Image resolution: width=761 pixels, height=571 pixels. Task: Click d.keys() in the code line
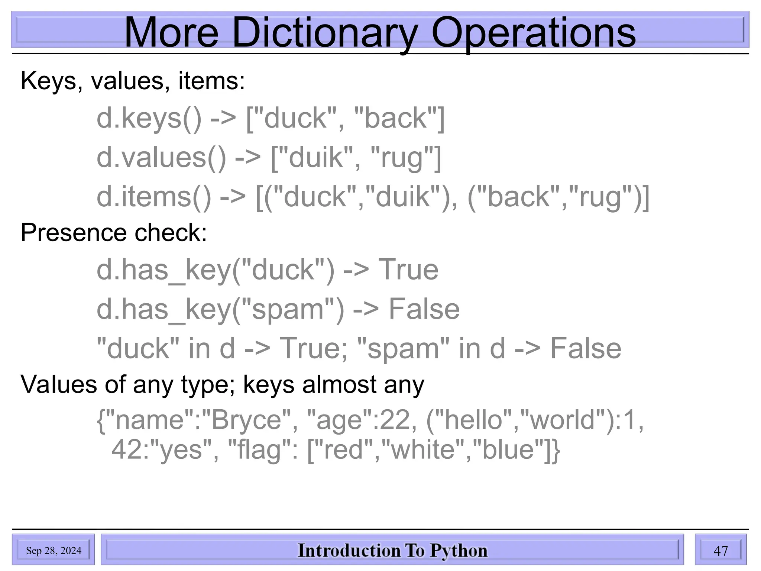[x=149, y=119]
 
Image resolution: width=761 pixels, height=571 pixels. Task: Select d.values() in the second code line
[x=161, y=158]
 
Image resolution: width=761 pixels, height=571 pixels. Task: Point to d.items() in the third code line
[x=154, y=197]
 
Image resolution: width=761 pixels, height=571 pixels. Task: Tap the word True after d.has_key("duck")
[x=408, y=270]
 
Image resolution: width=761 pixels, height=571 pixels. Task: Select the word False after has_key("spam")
[x=424, y=309]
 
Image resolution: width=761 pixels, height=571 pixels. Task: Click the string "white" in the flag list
[x=423, y=449]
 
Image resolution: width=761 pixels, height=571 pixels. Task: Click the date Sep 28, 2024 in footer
[x=54, y=551]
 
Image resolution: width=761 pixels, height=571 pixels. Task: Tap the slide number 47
[x=720, y=551]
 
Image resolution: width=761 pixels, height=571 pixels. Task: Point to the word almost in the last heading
[x=339, y=384]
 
